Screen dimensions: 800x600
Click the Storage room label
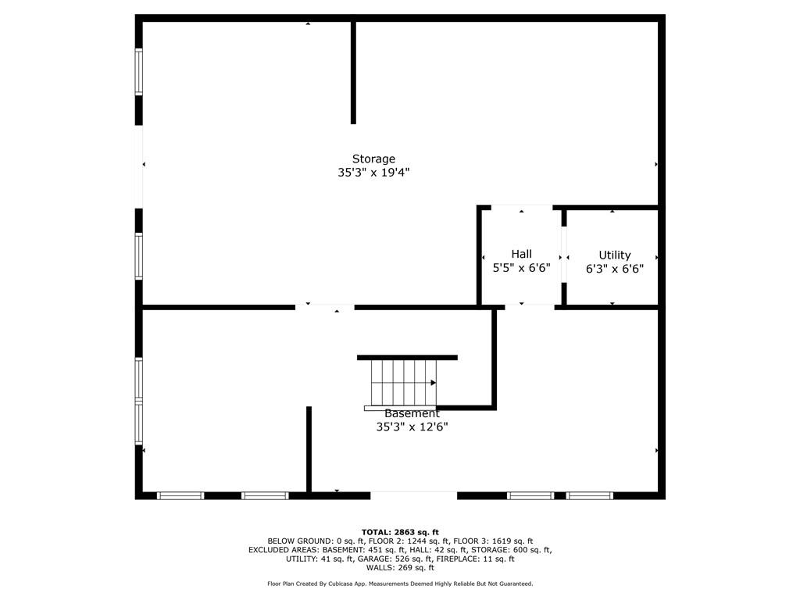pos(373,159)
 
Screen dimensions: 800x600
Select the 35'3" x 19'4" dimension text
pos(373,173)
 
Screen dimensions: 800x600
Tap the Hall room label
pos(521,254)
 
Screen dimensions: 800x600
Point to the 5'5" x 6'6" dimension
pos(521,268)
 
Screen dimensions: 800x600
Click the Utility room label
pos(614,255)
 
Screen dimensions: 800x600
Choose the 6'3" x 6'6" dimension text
pos(614,269)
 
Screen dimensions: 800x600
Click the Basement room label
pos(412,414)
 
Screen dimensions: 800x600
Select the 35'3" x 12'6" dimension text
pos(412,427)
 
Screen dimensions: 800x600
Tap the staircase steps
pos(404,383)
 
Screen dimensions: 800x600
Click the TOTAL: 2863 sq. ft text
pos(400,532)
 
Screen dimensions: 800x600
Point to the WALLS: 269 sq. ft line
pos(400,568)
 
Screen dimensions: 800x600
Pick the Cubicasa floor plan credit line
pos(400,584)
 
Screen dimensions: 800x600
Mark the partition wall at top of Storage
pos(353,73)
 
